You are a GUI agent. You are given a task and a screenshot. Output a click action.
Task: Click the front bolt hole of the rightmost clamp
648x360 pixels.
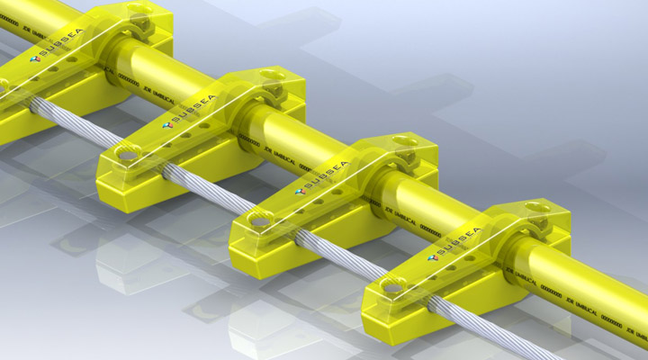(x=393, y=287)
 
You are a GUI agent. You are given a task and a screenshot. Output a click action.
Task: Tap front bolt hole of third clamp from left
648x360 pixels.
(x=261, y=220)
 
